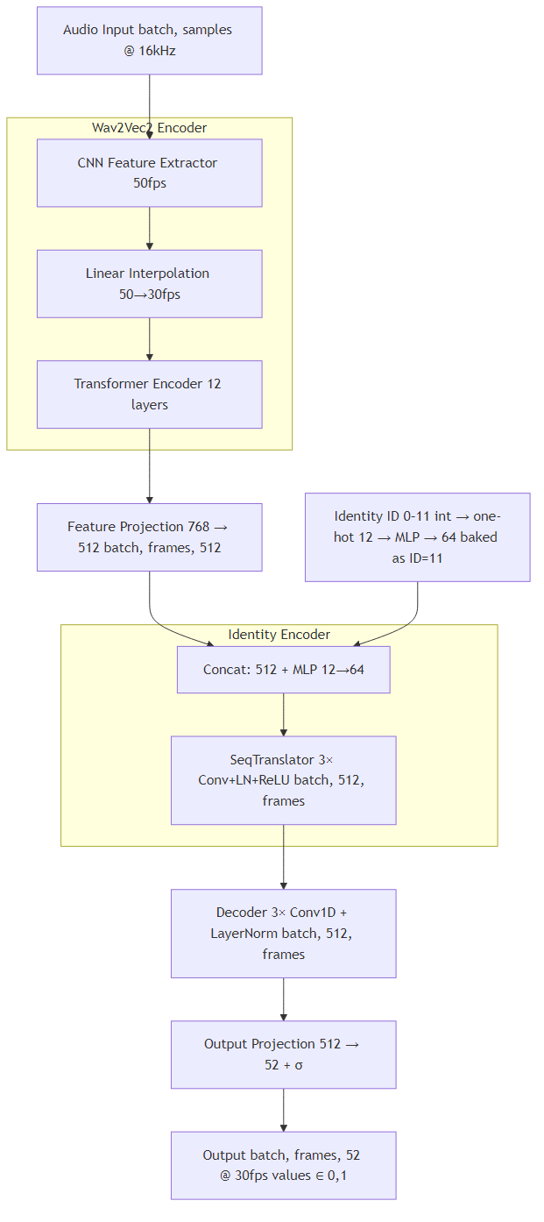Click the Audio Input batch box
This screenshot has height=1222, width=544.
(149, 40)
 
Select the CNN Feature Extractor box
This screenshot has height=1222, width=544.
(149, 173)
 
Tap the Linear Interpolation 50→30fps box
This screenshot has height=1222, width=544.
(149, 283)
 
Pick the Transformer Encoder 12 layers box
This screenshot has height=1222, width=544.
(149, 394)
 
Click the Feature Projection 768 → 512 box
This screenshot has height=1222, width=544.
(149, 536)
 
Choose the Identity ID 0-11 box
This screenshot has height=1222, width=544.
(417, 536)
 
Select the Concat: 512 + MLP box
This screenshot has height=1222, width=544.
(283, 670)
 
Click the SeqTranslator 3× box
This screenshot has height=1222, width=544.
(283, 779)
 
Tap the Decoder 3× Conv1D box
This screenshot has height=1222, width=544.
(283, 933)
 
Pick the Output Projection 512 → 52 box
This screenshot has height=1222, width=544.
(283, 1054)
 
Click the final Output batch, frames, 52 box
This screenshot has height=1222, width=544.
(283, 1165)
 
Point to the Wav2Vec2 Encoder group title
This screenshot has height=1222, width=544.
(149, 128)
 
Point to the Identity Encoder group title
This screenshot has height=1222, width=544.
(279, 635)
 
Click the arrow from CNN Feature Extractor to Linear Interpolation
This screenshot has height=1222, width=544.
(149, 229)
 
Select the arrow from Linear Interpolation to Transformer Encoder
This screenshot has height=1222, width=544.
(149, 339)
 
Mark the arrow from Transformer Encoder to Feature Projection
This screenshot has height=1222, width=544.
(149, 465)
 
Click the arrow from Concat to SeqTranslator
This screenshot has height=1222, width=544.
(283, 714)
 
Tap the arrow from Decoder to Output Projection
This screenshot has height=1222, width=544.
(283, 999)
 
